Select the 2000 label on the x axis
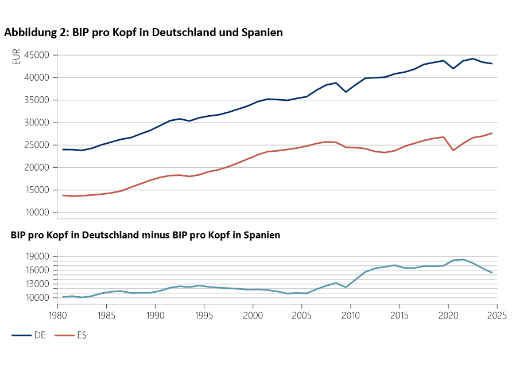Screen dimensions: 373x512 pos(253,315)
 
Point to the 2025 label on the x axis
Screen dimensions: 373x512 pos(497,315)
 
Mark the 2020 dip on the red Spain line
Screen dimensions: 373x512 pos(453,150)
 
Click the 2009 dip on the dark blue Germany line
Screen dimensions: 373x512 pos(346,92)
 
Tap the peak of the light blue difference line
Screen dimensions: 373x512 pos(463,260)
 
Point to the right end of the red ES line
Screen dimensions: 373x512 pos(492,134)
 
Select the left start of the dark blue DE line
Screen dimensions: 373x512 pos(63,150)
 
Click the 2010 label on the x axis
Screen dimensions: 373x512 pos(351,315)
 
